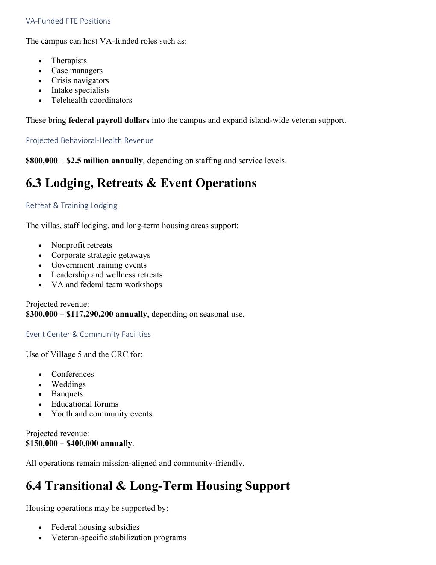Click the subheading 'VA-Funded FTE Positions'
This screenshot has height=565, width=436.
(x=68, y=21)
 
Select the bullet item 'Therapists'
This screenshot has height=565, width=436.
(x=69, y=61)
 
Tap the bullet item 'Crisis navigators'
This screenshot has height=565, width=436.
(x=80, y=80)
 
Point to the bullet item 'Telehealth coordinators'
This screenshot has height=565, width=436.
(x=91, y=100)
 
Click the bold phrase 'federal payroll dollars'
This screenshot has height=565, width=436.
(x=109, y=120)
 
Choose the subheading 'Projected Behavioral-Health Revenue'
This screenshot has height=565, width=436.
(x=90, y=140)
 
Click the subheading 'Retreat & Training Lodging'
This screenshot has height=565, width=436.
(x=71, y=205)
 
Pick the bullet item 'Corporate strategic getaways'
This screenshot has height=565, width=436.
(x=101, y=255)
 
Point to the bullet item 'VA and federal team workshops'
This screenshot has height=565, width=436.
(x=106, y=285)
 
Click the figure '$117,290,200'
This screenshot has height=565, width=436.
(x=90, y=314)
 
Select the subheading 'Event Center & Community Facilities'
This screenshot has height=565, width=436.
(x=88, y=334)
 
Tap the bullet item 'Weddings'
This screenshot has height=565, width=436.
(x=68, y=384)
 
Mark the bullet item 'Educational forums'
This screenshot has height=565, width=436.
(x=85, y=404)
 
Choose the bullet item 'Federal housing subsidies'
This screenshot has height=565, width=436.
(x=95, y=527)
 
